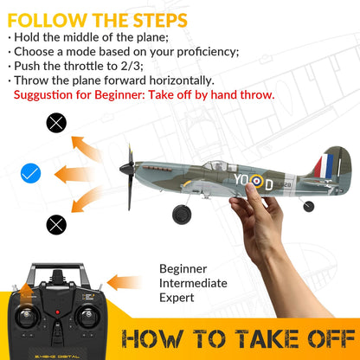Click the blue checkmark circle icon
pos(31,174)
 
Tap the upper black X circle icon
pos(56,122)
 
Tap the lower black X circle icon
pos(56,225)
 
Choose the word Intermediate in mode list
pos(193,283)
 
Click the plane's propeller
pos(130,177)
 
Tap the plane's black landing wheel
pos(182,214)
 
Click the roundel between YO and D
pos(256,183)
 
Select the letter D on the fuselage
pos(269,183)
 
